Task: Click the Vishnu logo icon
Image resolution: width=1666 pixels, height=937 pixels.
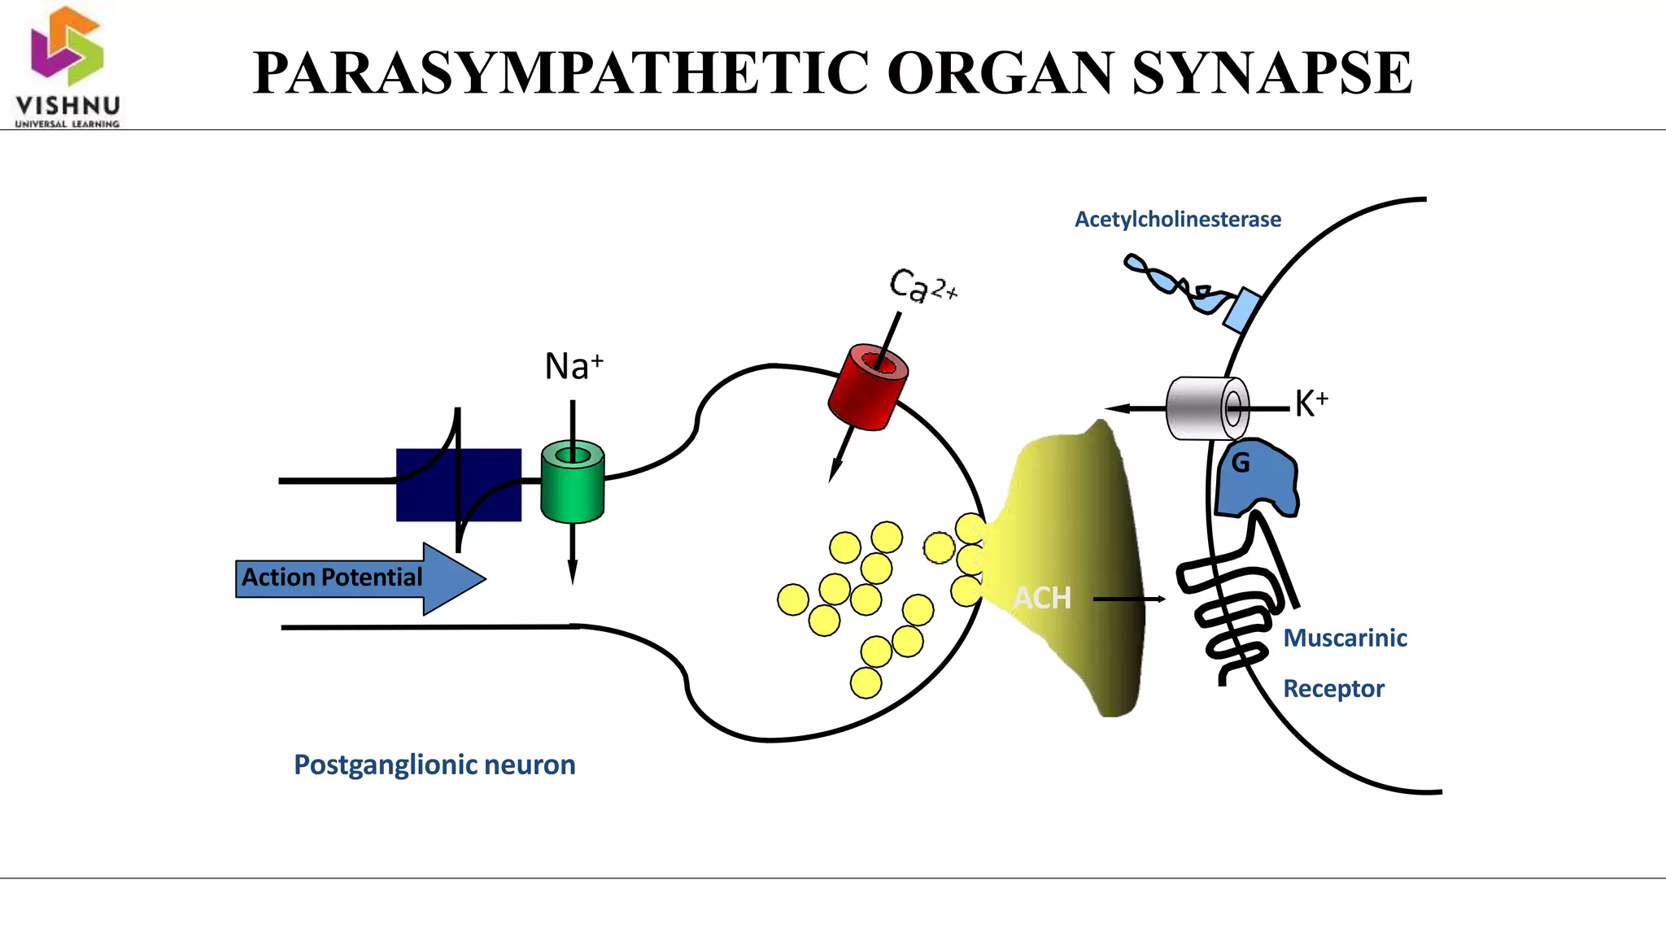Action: pos(67,46)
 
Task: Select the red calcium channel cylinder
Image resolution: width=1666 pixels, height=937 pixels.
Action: pos(867,388)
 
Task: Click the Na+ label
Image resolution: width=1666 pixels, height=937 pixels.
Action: pos(574,367)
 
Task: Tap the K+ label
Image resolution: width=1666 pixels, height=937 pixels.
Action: pos(1311,403)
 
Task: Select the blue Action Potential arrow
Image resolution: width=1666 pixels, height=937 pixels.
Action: pos(358,578)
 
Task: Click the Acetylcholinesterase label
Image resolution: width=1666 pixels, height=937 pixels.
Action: pos(1177,220)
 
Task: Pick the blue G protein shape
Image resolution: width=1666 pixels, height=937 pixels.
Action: pos(1256,480)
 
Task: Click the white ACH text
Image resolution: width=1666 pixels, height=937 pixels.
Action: pos(1041,599)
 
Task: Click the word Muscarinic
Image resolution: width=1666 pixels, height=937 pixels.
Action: pos(1345,638)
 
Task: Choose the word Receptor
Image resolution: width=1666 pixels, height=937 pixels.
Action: pos(1333,689)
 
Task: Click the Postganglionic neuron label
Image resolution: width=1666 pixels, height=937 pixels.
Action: pos(434,765)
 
